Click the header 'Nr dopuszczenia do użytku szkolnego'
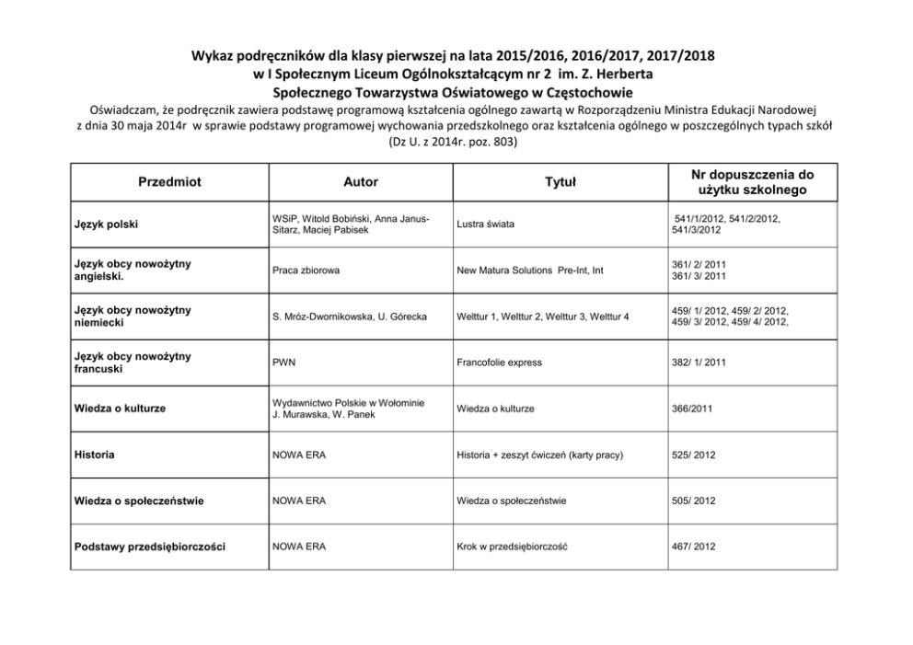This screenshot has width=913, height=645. (752, 182)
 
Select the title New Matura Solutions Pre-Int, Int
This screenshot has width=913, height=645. (532, 271)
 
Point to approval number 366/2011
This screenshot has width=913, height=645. (692, 409)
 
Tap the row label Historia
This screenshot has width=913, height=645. (96, 455)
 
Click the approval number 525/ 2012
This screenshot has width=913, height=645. (695, 455)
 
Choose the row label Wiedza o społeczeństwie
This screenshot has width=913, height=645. (138, 501)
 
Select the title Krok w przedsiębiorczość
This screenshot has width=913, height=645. (512, 547)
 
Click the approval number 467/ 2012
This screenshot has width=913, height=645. (695, 547)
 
